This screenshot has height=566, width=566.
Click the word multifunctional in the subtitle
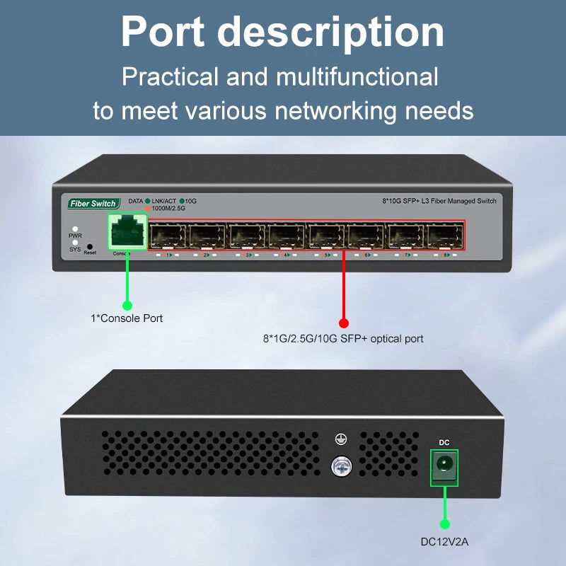pos(357,76)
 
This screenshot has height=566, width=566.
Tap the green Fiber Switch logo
pos(93,204)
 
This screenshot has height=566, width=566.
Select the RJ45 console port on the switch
pos(127,233)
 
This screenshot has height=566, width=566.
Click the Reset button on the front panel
pos(89,247)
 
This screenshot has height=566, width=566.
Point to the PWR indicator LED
pos(75,229)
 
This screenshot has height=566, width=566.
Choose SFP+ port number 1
pos(168,235)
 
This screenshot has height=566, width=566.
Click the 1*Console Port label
pos(127,318)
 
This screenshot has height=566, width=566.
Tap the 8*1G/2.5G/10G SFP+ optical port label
pos(343,339)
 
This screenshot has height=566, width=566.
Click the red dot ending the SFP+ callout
pos(344,323)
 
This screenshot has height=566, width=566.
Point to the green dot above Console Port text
pos(127,305)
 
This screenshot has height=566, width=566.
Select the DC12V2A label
pos(444,543)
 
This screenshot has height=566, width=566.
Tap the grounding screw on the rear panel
pos(341,464)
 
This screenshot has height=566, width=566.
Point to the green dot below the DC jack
pos(445,524)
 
